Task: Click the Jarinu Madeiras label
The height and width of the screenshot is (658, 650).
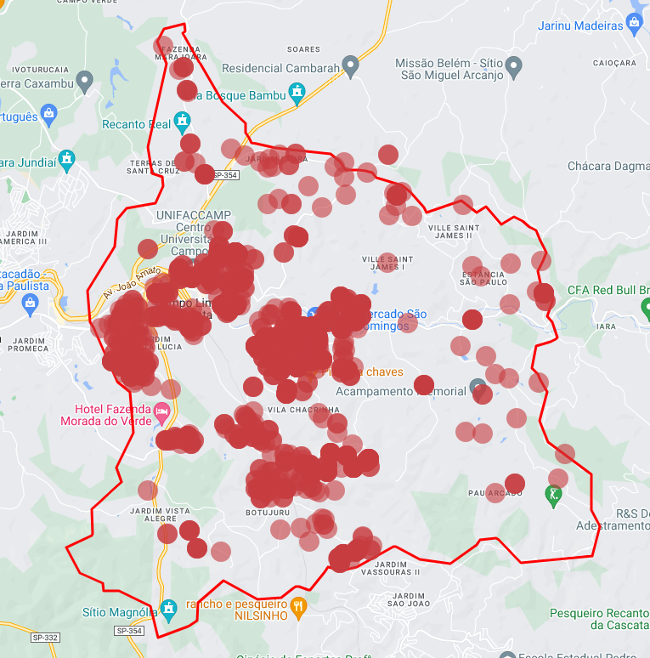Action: [580, 26]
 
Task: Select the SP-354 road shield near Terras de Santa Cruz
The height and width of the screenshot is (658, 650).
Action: [226, 175]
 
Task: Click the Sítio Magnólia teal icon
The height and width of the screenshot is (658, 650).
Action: [169, 608]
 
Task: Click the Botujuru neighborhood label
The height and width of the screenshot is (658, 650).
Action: [268, 513]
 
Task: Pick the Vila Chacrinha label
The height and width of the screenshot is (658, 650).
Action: [302, 410]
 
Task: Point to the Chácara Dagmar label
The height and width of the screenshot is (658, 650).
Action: [608, 166]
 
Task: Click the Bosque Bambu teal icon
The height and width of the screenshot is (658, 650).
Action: [297, 92]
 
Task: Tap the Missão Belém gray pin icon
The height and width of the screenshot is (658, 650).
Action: [513, 65]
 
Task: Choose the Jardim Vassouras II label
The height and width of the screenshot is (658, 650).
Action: [397, 568]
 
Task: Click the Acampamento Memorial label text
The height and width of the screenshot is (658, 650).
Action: [400, 391]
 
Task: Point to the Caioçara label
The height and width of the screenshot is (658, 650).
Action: [613, 63]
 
